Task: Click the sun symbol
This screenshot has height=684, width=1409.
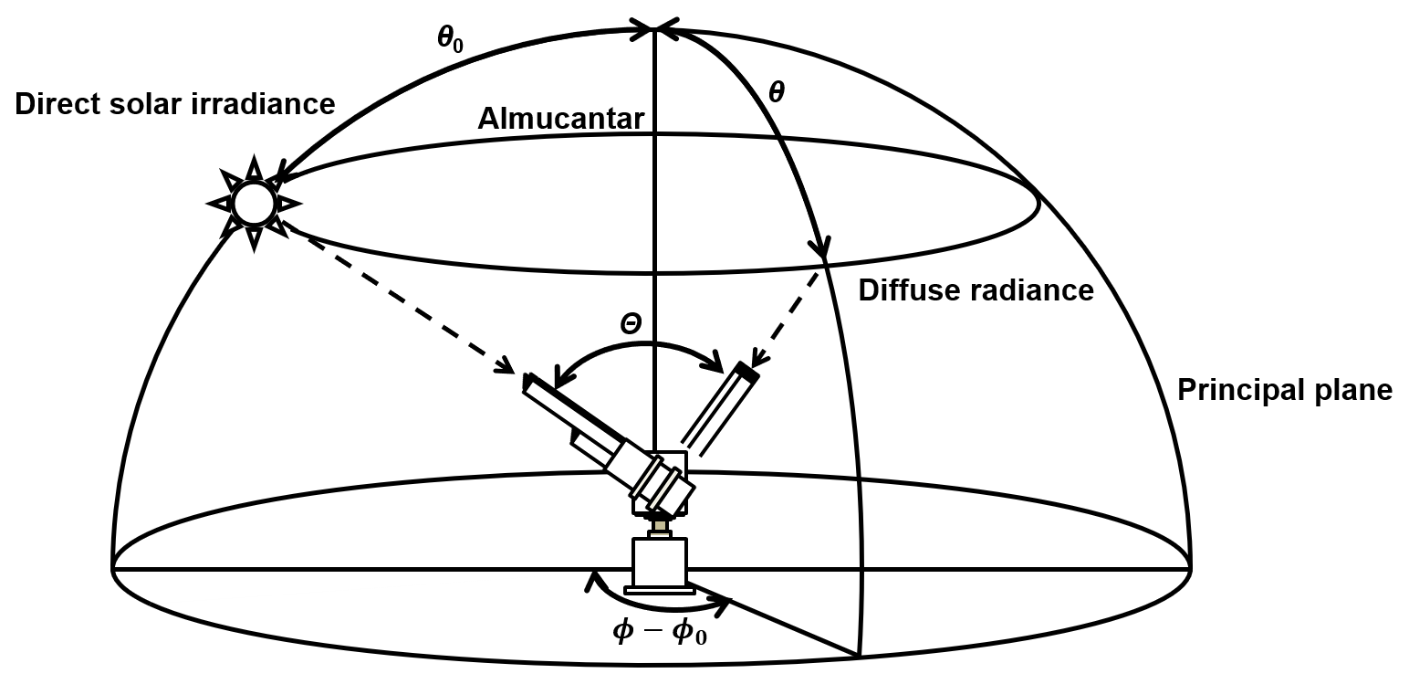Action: (x=254, y=203)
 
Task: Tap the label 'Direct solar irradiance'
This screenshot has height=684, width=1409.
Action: (x=175, y=104)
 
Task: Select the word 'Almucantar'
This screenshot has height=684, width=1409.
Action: (x=561, y=119)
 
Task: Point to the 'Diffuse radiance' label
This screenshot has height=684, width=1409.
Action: (x=976, y=289)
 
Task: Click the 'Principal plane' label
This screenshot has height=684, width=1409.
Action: (x=1285, y=390)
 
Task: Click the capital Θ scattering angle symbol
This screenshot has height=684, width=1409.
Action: (x=631, y=325)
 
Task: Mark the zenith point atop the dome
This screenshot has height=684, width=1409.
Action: (x=654, y=28)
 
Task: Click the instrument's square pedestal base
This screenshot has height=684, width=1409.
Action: (x=659, y=563)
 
